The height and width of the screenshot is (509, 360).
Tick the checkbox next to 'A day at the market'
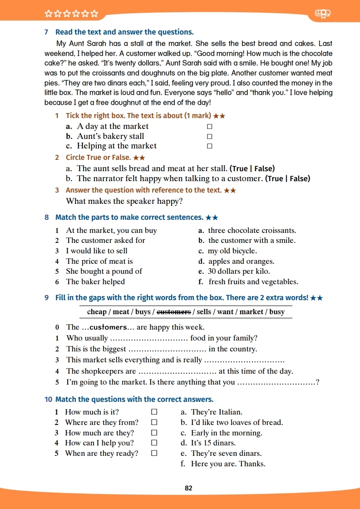coord(210,127)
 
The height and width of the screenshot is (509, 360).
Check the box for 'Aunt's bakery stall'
coord(210,136)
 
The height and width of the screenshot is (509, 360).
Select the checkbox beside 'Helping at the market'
coord(210,146)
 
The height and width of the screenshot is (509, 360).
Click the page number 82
coord(189,488)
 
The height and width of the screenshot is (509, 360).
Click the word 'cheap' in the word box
coord(97,311)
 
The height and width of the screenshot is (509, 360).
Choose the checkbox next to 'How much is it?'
coord(154,412)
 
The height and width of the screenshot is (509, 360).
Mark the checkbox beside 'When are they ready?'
coord(154,453)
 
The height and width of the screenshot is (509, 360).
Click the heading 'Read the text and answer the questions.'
coord(124,32)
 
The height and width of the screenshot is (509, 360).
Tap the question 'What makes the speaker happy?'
coord(124,201)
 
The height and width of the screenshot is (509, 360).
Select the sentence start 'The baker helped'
coord(95,282)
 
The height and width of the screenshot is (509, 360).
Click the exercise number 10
coord(49,400)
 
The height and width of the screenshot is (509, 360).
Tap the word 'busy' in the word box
coord(277,311)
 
